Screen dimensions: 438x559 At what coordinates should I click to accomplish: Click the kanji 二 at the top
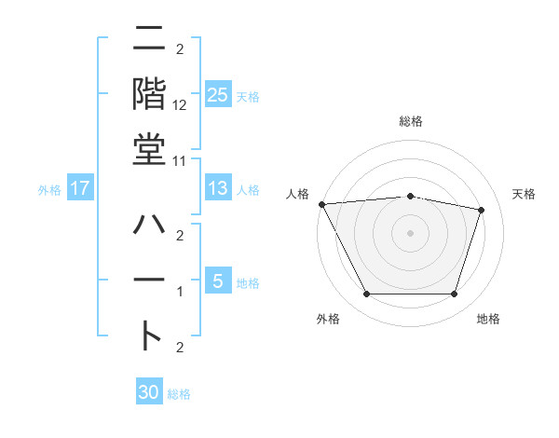coord(150,42)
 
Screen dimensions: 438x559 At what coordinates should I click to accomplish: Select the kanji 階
coord(150,94)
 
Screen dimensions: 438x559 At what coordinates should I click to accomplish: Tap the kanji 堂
coord(150,148)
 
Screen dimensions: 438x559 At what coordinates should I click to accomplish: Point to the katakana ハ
coord(150,226)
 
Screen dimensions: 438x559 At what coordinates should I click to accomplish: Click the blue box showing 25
coord(218,94)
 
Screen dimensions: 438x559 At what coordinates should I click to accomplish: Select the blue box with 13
coord(218,188)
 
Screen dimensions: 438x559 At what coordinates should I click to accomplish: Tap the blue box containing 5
coord(218,281)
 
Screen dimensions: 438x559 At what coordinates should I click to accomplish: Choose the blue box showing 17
coord(80,188)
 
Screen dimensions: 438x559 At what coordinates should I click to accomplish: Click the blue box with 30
coord(149,392)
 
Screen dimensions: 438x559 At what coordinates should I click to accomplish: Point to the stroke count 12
coord(180,104)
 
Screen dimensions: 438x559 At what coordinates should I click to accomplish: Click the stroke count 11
coord(180,159)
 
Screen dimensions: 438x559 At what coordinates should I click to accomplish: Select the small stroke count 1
coord(180,292)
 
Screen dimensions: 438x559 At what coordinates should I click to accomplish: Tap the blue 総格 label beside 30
coord(179,394)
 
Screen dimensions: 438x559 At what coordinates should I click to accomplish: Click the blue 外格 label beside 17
coord(49,190)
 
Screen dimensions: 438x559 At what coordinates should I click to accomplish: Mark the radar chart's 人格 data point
coord(321,204)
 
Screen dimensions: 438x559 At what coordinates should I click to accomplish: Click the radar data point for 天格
coord(481,211)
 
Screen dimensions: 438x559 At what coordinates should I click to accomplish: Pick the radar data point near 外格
coord(366,294)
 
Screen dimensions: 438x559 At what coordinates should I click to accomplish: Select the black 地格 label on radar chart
coord(488,320)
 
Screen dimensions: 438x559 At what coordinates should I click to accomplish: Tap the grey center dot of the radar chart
coord(410,232)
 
